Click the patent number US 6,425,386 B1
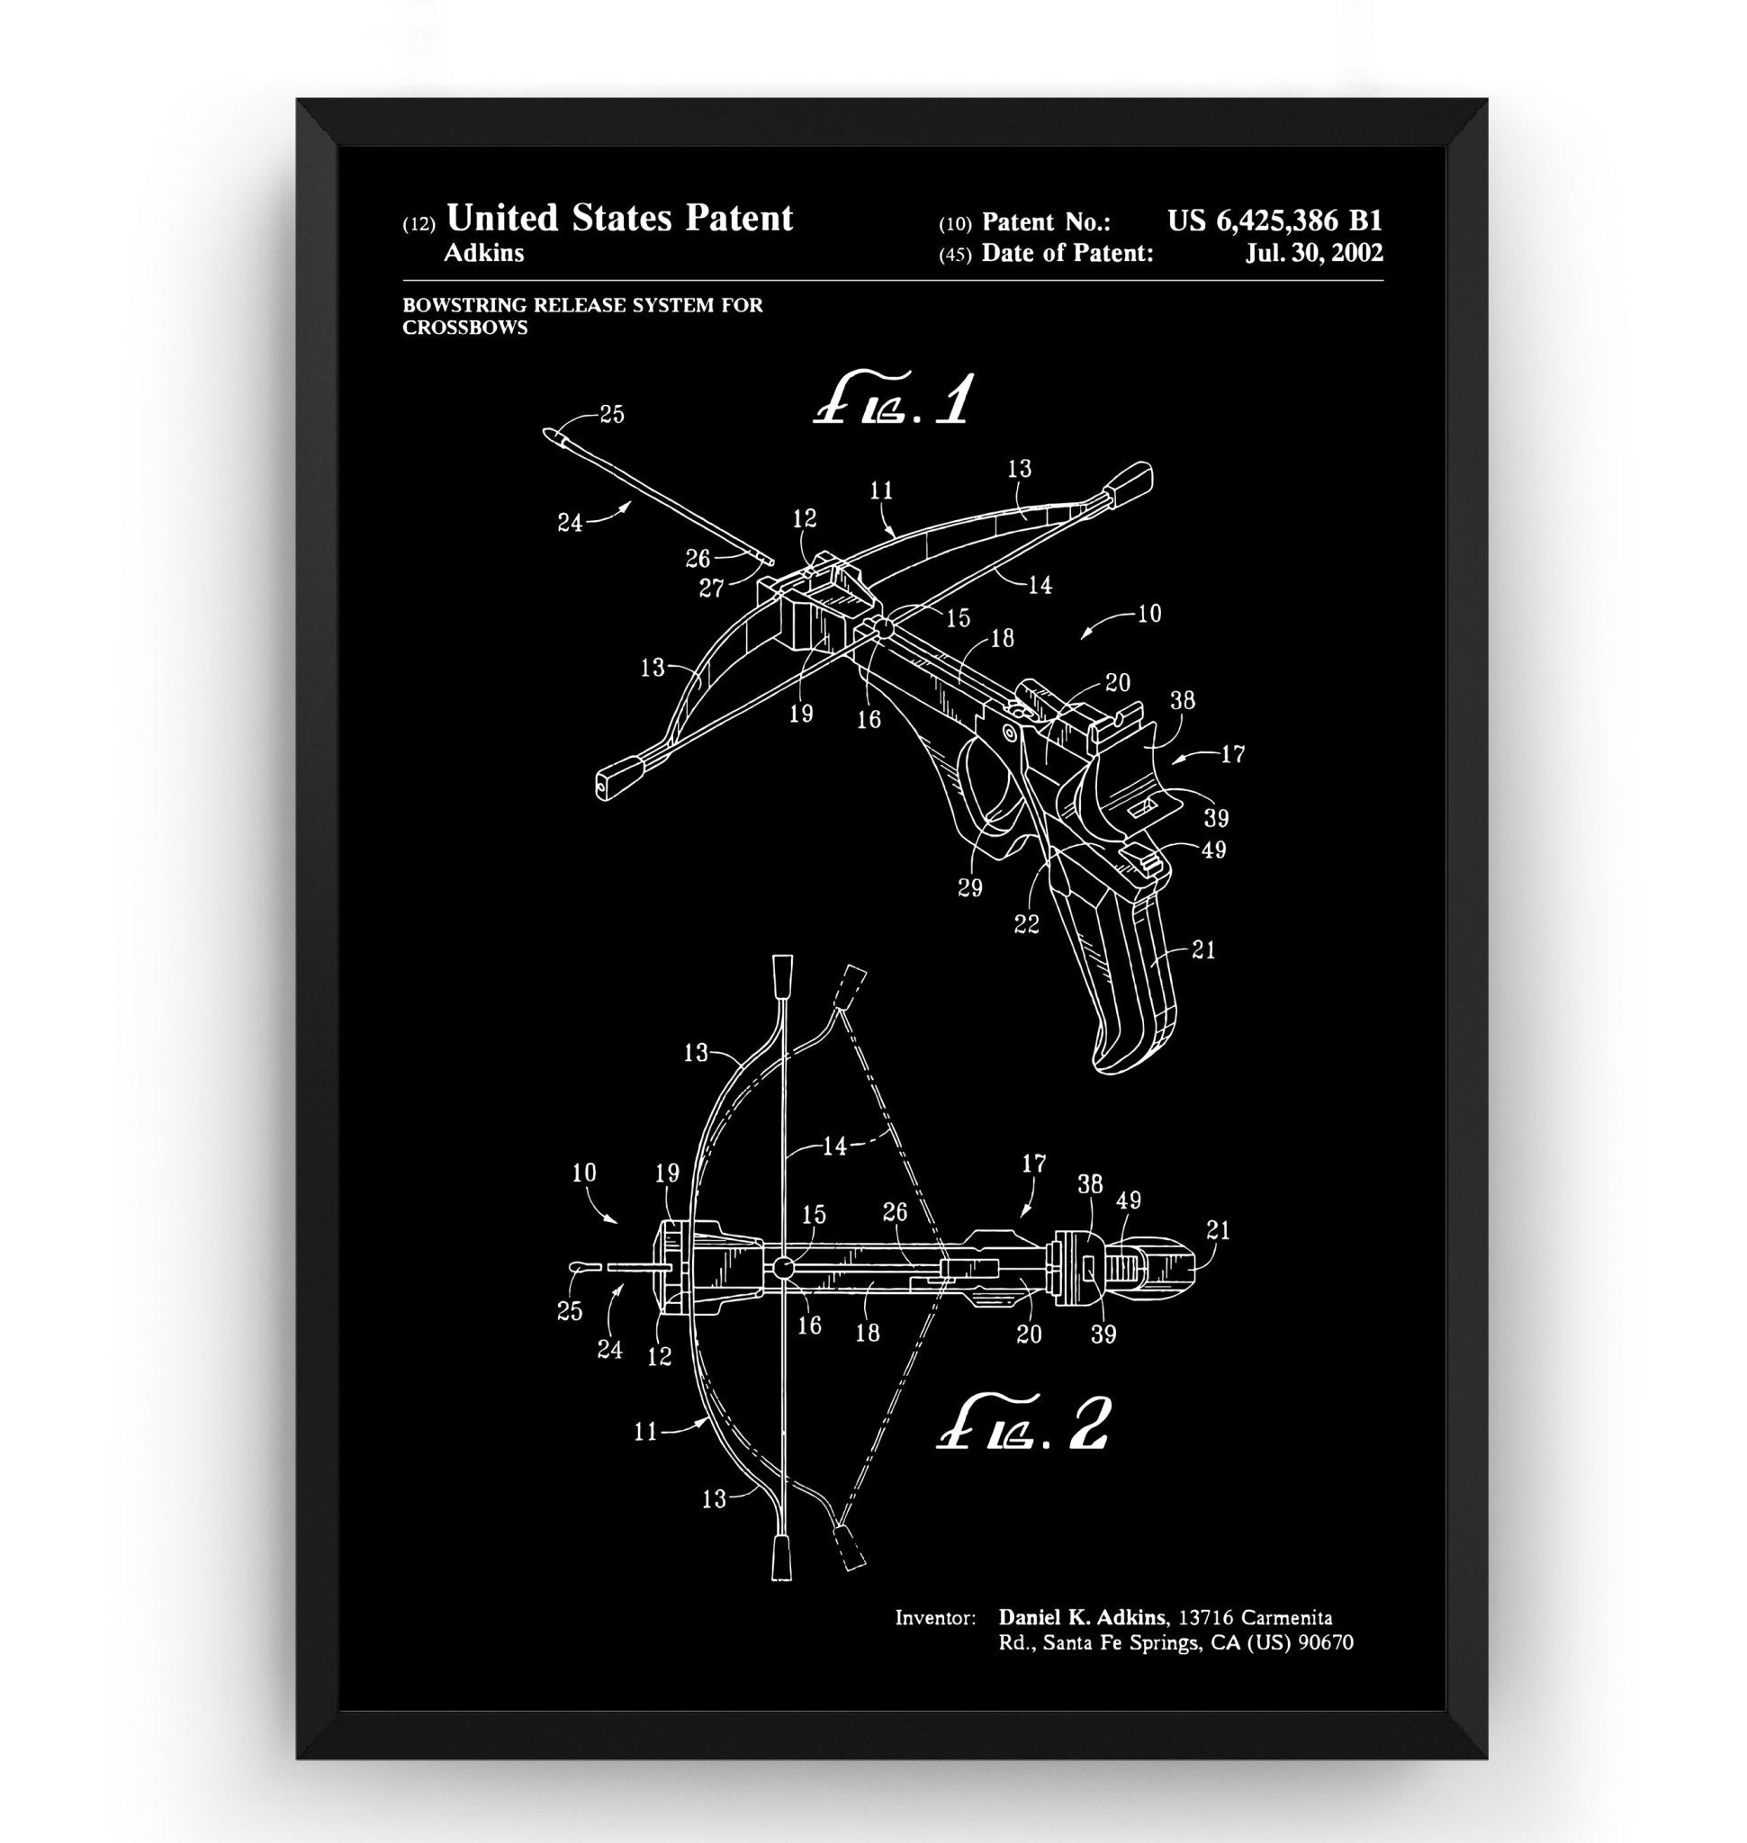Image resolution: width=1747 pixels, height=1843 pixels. click(x=1274, y=221)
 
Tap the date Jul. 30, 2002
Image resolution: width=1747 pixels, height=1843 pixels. click(x=1313, y=253)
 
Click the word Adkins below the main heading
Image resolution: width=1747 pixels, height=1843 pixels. click(x=483, y=253)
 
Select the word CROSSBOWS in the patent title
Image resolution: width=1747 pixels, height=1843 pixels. click(x=464, y=328)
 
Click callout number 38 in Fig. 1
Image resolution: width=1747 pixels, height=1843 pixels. click(x=1182, y=700)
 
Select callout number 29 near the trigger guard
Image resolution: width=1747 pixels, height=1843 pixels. click(x=969, y=888)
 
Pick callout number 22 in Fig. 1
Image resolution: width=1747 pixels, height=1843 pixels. click(x=1026, y=925)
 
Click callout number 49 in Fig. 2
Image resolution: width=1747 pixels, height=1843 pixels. click(x=1129, y=1201)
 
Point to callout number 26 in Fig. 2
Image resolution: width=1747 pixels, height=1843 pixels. click(x=895, y=1212)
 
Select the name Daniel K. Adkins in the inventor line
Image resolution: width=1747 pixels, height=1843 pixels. click(x=1081, y=1618)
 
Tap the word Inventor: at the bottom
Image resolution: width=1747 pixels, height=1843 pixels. click(x=935, y=1619)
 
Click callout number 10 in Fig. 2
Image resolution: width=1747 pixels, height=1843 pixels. click(x=584, y=1173)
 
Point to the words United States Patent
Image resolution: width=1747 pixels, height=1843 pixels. click(x=619, y=219)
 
